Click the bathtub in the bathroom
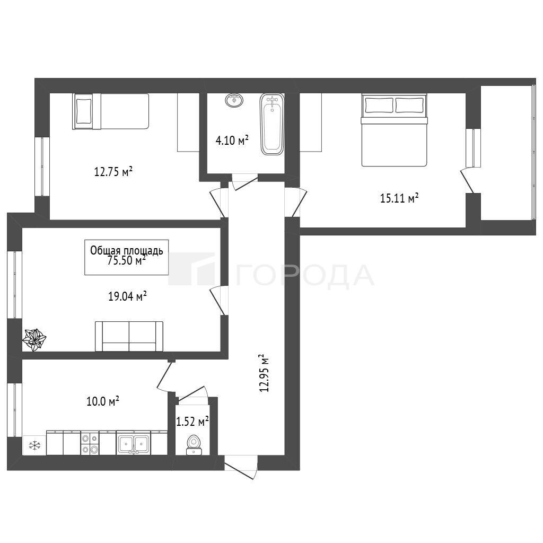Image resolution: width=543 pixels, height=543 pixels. point(272,125)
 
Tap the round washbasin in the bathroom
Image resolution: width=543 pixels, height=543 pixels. point(234,100)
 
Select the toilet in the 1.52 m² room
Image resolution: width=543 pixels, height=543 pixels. point(193,445)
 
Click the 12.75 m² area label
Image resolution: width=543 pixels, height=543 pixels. point(113,171)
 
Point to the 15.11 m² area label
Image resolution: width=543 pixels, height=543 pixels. point(399,198)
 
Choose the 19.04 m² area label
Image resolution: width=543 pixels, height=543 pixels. point(127,296)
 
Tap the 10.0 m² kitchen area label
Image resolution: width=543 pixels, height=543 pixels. point(103,402)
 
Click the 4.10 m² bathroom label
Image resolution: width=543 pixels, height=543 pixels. point(232,140)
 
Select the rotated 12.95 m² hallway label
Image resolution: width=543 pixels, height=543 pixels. point(264,373)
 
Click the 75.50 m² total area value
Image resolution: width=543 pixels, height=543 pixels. point(126,260)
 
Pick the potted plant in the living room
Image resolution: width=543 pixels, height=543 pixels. point(34,340)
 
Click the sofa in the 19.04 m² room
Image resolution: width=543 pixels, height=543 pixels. point(129,336)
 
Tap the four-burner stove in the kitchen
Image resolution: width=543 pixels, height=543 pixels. point(90,444)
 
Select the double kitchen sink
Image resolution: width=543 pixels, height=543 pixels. point(133,444)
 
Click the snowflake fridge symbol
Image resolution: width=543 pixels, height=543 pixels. point(34,445)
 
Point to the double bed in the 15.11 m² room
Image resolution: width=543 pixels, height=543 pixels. point(394,130)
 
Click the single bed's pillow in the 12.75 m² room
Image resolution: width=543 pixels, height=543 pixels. point(84,111)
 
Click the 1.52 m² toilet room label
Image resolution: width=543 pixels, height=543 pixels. point(192,422)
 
